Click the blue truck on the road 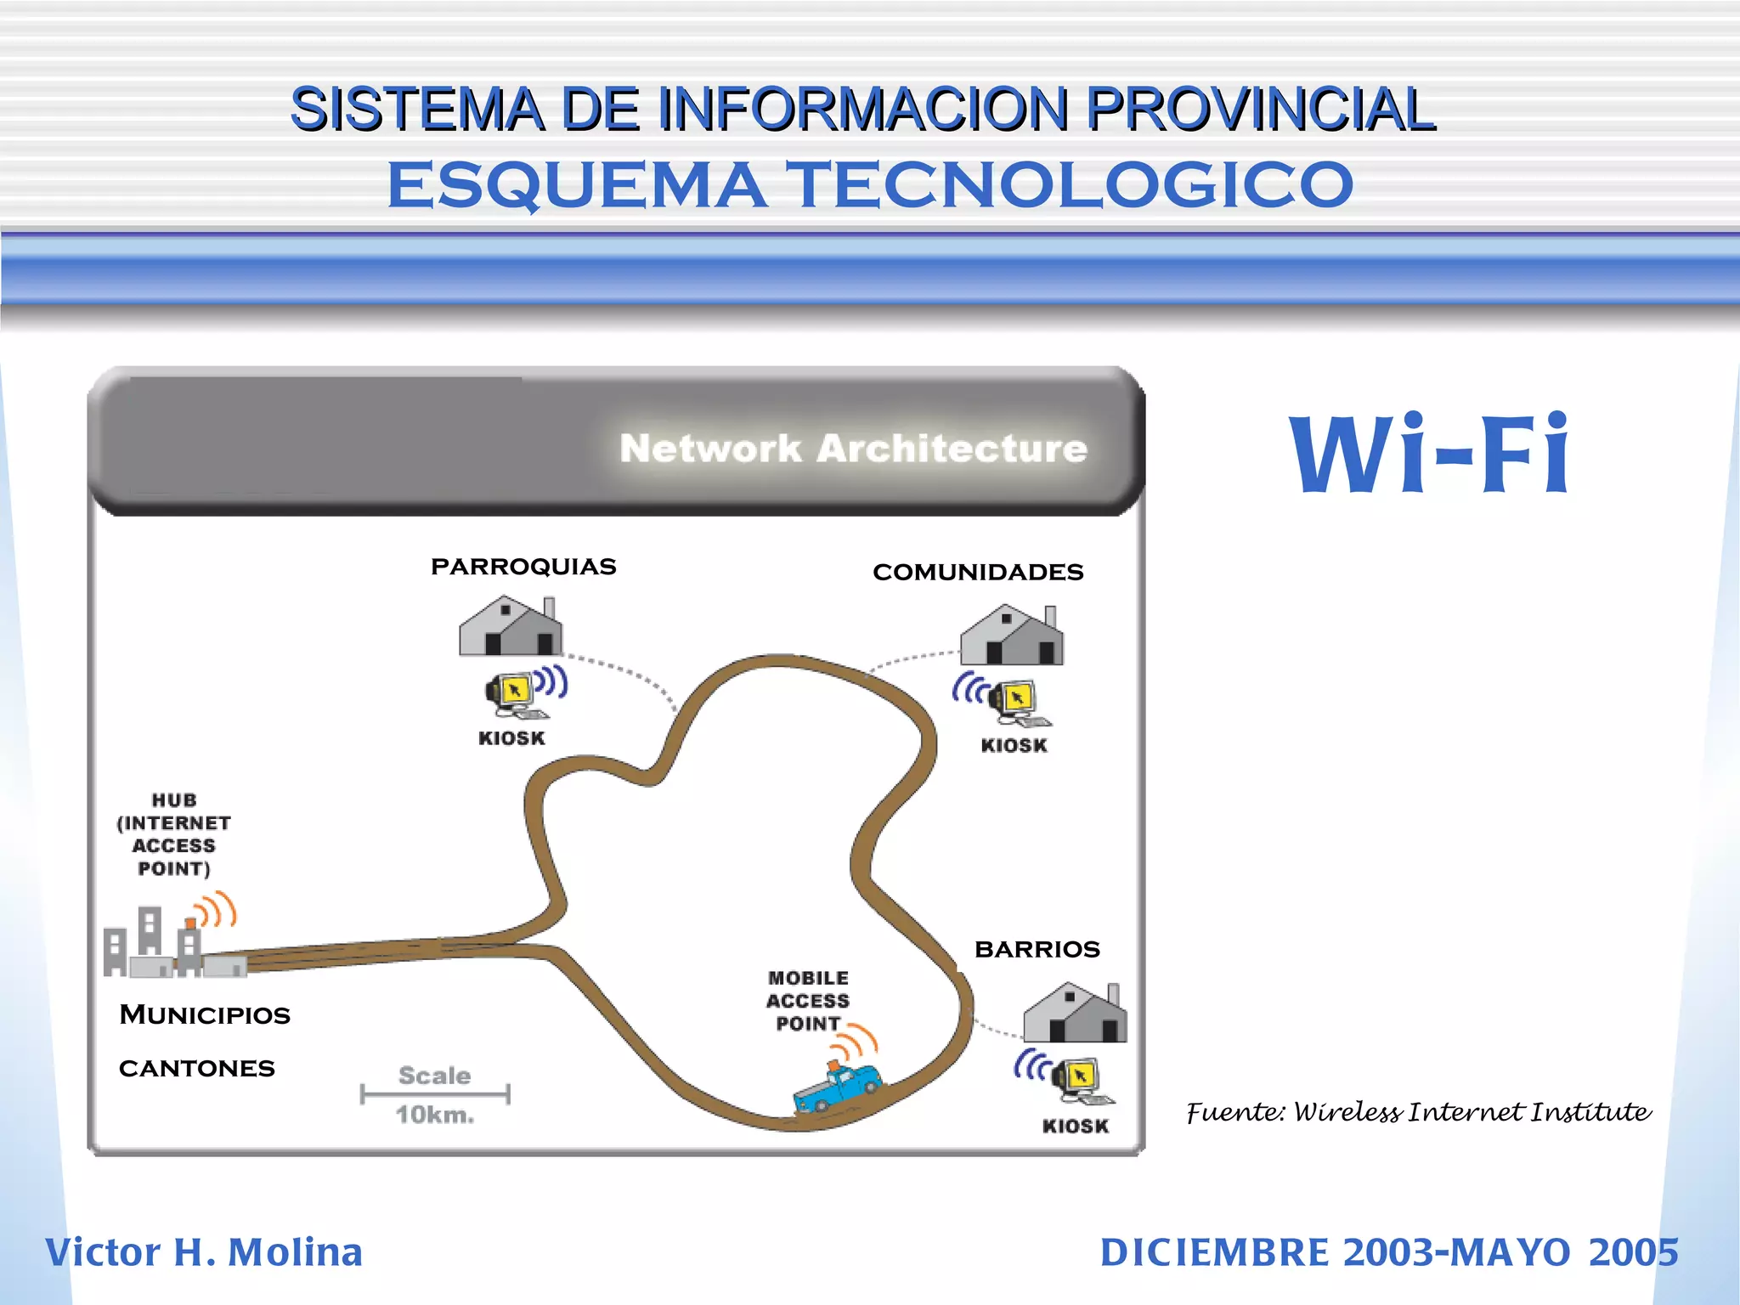click(x=837, y=1087)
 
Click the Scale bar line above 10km click(x=435, y=1093)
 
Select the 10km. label click(x=435, y=1115)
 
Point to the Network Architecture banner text click(x=853, y=449)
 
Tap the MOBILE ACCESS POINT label click(x=808, y=1001)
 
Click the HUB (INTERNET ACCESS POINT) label click(x=174, y=834)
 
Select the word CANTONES click(x=197, y=1068)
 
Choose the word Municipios click(x=205, y=1014)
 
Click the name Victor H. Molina click(x=204, y=1252)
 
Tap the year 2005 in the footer click(x=1633, y=1252)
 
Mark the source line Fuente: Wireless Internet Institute click(x=1418, y=1112)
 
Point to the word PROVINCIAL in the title click(x=1261, y=109)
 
